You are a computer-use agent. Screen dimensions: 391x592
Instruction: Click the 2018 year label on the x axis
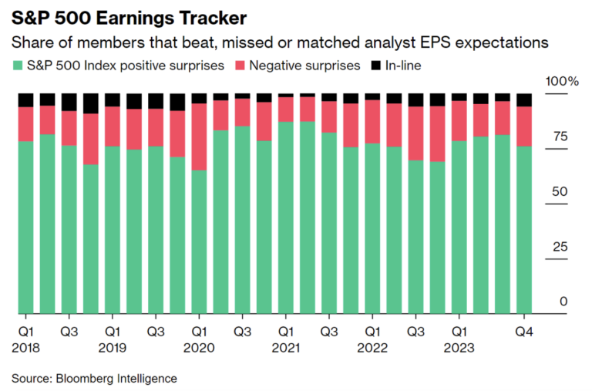click(x=25, y=347)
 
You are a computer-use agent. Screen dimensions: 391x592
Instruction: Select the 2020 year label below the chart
click(x=199, y=347)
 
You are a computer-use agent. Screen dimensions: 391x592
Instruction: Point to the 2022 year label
click(x=372, y=347)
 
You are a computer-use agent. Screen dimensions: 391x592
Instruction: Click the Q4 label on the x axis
click(x=524, y=331)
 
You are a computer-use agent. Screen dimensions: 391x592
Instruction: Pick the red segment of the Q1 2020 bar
click(x=199, y=137)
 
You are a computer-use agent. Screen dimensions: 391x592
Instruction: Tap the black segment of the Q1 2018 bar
click(x=25, y=99)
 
